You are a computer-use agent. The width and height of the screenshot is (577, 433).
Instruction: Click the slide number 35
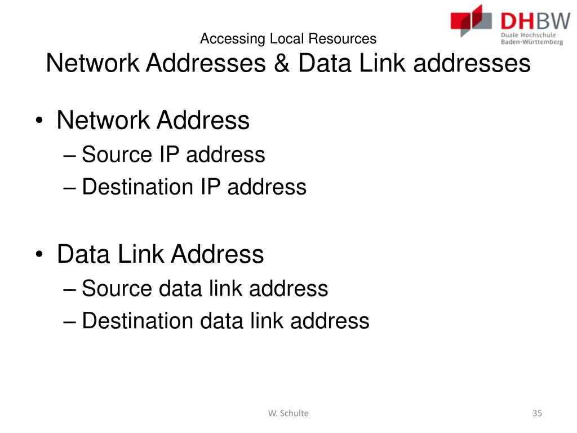[537, 413]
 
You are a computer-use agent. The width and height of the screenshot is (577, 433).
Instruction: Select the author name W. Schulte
[288, 413]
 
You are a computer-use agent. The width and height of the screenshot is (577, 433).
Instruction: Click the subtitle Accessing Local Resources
[288, 39]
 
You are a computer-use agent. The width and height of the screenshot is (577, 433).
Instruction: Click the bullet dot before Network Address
[39, 121]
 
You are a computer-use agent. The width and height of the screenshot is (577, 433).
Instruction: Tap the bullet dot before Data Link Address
[39, 255]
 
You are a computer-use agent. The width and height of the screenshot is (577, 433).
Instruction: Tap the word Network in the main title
[93, 63]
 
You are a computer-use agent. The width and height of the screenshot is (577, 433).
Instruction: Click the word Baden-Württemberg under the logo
[531, 42]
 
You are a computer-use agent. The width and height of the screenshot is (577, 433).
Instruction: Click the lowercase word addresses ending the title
[472, 63]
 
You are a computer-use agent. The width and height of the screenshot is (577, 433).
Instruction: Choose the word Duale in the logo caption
[510, 34]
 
